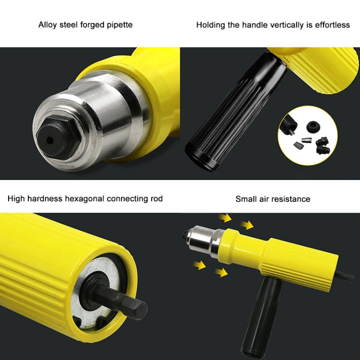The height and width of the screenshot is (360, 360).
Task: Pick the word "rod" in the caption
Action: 156,199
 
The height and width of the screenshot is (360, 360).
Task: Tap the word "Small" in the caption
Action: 246,199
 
